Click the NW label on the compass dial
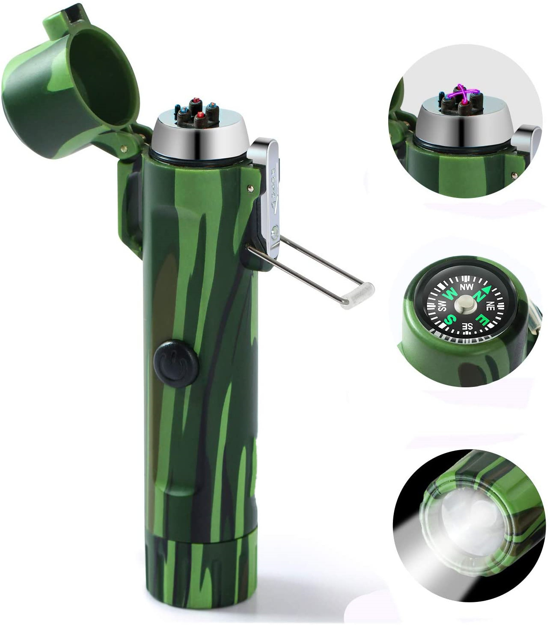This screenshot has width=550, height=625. click(x=466, y=286)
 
